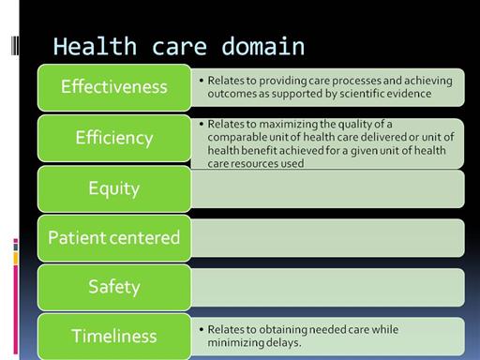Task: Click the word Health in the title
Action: click(x=95, y=46)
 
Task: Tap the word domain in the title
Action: click(x=262, y=46)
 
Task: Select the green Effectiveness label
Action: click(x=114, y=87)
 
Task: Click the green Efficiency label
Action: click(x=114, y=138)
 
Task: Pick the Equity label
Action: click(x=114, y=188)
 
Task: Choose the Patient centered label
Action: click(x=114, y=238)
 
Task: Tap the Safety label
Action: click(x=114, y=287)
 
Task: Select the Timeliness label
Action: click(x=114, y=337)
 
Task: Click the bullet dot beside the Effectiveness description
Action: click(x=202, y=81)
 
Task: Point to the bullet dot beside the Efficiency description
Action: click(x=202, y=124)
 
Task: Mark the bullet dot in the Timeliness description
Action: click(x=202, y=329)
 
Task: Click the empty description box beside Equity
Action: click(x=327, y=188)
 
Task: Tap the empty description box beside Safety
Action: click(x=327, y=287)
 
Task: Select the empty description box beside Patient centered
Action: click(x=327, y=238)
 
